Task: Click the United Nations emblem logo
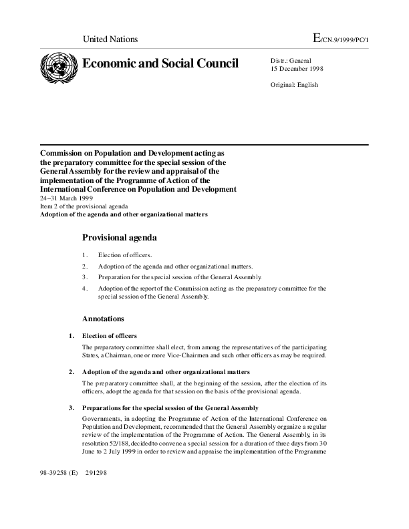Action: (x=59, y=67)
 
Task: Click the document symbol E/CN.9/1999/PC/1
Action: (x=340, y=39)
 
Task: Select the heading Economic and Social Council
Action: (x=160, y=63)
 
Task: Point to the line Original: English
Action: (x=294, y=85)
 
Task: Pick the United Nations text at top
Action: (x=110, y=39)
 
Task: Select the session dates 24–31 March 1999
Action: (x=66, y=198)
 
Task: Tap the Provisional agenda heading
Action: (x=120, y=237)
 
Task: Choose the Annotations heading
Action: (x=103, y=319)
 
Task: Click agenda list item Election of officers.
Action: (x=125, y=255)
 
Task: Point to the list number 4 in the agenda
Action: (x=85, y=289)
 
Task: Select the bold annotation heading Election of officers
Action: (x=110, y=335)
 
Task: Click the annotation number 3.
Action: (x=71, y=408)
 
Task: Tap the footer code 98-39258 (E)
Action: (x=59, y=473)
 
